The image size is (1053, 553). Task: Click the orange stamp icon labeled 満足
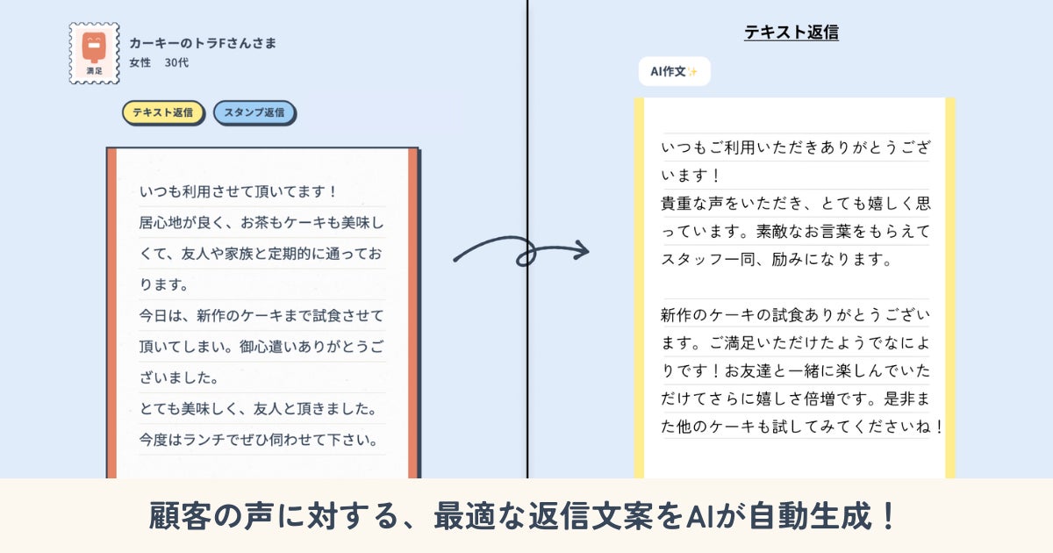tap(94, 53)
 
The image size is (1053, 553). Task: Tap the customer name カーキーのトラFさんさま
tap(202, 42)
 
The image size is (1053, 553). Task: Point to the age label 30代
tap(176, 62)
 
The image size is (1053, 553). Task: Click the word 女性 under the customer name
tap(140, 62)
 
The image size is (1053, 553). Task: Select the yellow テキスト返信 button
tap(163, 112)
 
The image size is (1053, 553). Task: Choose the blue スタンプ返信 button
tap(254, 112)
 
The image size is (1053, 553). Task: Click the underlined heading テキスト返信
tap(791, 32)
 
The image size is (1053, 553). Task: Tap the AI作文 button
tap(673, 71)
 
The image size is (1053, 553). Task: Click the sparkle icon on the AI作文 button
tap(692, 71)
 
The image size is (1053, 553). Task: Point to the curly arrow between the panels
tap(520, 252)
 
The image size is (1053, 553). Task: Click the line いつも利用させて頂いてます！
tap(239, 191)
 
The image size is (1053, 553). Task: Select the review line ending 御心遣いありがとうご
tap(261, 346)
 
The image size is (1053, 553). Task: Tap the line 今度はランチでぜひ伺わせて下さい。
tap(260, 437)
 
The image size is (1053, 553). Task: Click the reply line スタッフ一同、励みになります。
tap(777, 259)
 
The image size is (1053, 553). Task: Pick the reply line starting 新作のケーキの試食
tap(795, 314)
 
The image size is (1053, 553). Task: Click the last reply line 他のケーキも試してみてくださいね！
tap(802, 427)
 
